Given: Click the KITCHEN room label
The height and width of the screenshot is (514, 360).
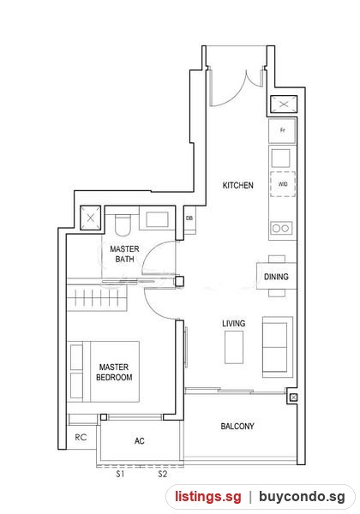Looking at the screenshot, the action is [237, 185].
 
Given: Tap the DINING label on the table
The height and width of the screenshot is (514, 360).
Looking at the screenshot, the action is [276, 277].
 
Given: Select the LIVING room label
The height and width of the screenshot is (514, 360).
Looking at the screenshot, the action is [233, 324].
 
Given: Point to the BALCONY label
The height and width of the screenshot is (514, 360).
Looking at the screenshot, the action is [237, 426].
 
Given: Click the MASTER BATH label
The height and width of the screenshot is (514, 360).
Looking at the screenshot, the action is [124, 254].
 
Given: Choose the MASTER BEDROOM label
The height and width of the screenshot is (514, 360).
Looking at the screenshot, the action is [114, 372].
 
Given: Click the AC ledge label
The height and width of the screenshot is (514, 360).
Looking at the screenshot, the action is [140, 441].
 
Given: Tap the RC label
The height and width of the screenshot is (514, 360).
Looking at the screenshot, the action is [81, 437].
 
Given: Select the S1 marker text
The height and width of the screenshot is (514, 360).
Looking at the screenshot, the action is [120, 474].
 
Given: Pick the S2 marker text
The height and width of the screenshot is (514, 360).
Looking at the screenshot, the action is [163, 474].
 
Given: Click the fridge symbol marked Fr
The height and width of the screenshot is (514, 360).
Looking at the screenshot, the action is [282, 131].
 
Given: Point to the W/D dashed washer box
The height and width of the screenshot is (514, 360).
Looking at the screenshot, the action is [283, 184].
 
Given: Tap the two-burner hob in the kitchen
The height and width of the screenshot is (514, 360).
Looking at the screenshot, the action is [281, 228].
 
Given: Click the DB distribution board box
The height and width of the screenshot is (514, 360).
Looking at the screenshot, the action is [189, 218].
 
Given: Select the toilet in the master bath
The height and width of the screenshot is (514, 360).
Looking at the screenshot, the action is [123, 225].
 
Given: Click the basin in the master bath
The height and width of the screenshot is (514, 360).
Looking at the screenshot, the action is [158, 219].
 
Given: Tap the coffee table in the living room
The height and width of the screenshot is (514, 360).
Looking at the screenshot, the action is [234, 347].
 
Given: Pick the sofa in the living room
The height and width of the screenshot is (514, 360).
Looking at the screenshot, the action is [277, 347].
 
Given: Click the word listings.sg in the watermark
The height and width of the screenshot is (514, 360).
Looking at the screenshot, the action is [208, 496].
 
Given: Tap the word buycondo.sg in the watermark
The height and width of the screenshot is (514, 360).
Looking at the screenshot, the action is [302, 496].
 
